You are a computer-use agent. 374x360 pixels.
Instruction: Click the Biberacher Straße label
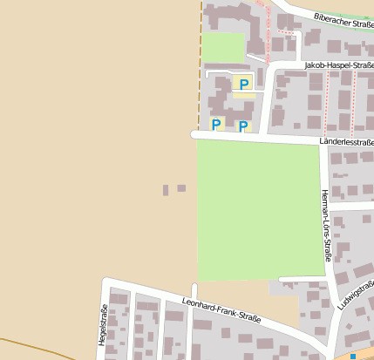coord(344,19)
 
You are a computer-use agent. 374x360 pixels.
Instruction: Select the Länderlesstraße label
coord(347,141)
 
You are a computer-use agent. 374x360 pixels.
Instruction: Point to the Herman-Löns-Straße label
coord(324,225)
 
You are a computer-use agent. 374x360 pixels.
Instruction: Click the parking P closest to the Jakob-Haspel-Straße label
coord(244,84)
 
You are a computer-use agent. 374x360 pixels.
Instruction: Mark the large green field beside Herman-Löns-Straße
coord(257,209)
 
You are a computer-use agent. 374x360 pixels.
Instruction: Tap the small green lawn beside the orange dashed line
coord(222,47)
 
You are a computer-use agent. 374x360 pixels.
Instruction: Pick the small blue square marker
coord(353,356)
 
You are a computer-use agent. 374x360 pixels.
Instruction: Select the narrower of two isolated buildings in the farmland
coord(166,189)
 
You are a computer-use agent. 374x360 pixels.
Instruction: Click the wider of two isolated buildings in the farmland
coord(181,188)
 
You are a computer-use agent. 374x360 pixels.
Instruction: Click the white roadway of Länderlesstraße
coord(262,138)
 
